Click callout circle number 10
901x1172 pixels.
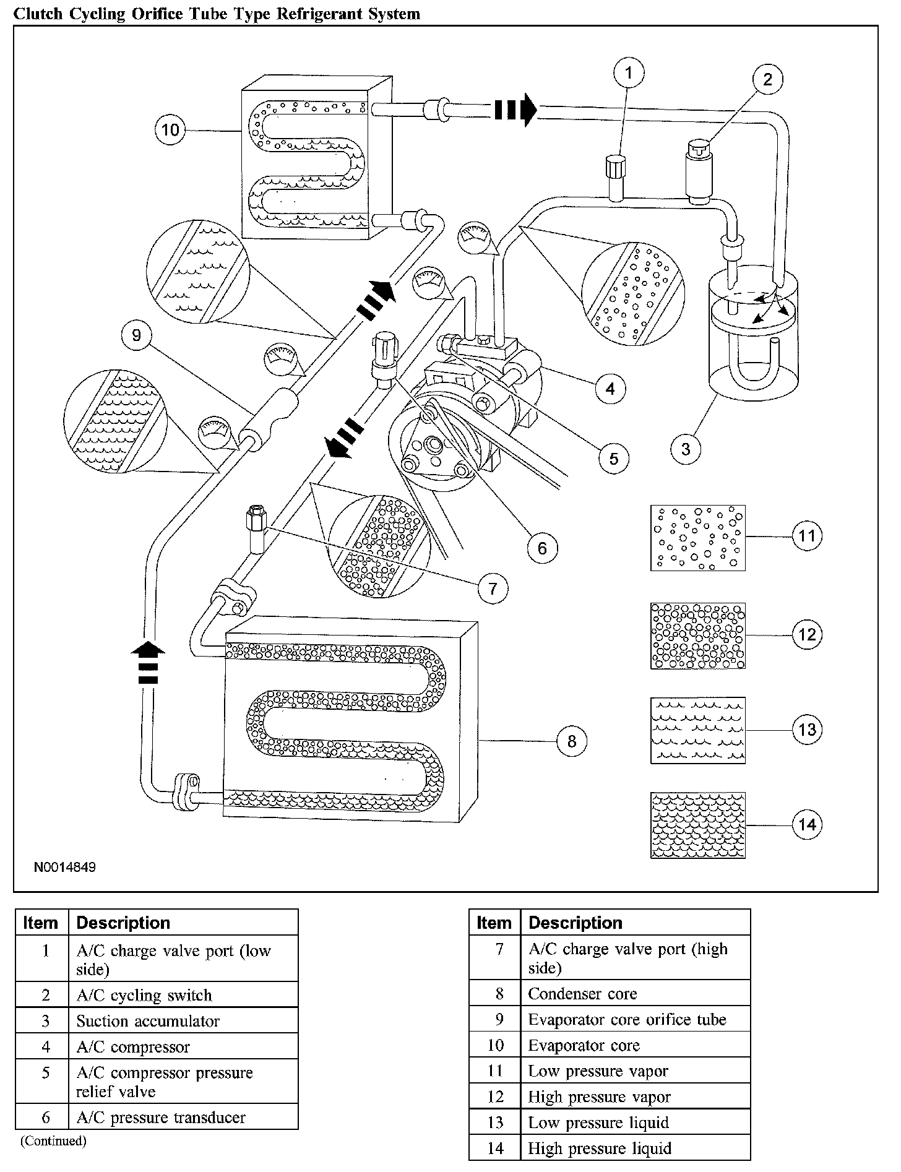click(x=170, y=130)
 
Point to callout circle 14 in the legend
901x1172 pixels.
click(x=807, y=825)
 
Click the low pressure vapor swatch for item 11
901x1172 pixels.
click(x=697, y=537)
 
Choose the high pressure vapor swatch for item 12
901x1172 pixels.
click(x=697, y=636)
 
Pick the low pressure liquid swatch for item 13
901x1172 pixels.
click(x=697, y=730)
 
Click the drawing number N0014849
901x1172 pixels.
click(x=65, y=867)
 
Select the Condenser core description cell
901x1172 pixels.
click(x=582, y=994)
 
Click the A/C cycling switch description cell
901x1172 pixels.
click(x=144, y=995)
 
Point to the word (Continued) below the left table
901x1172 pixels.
click(x=53, y=1140)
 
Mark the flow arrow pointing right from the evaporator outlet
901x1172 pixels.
click(x=515, y=110)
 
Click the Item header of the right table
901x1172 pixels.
click(x=494, y=923)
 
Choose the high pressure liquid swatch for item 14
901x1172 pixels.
click(x=697, y=825)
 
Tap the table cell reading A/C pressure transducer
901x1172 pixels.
click(x=161, y=1117)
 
